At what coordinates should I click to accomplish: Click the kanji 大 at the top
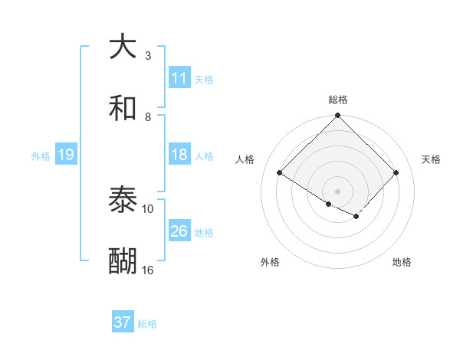point(123,47)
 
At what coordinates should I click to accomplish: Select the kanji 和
point(123,109)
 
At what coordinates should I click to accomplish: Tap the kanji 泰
point(123,201)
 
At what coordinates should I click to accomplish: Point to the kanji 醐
point(123,262)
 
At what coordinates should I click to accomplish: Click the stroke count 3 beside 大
point(148,55)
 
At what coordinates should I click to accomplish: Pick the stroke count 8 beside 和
point(148,116)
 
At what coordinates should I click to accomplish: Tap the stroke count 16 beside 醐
point(148,270)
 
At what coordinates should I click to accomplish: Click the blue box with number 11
point(179,78)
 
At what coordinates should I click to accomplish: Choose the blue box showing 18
point(179,155)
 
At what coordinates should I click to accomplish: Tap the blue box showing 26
point(179,231)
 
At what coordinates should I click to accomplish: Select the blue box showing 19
point(66,155)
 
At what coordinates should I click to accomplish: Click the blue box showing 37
point(123,322)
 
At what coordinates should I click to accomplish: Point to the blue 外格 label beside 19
point(41,155)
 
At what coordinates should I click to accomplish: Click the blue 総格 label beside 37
point(147,323)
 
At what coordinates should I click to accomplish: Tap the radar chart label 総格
point(338,100)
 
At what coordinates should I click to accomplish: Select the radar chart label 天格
point(431,159)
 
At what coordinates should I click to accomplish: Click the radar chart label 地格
point(402,262)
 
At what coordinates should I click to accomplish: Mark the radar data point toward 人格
point(280,173)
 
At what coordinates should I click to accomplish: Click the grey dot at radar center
point(338,191)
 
